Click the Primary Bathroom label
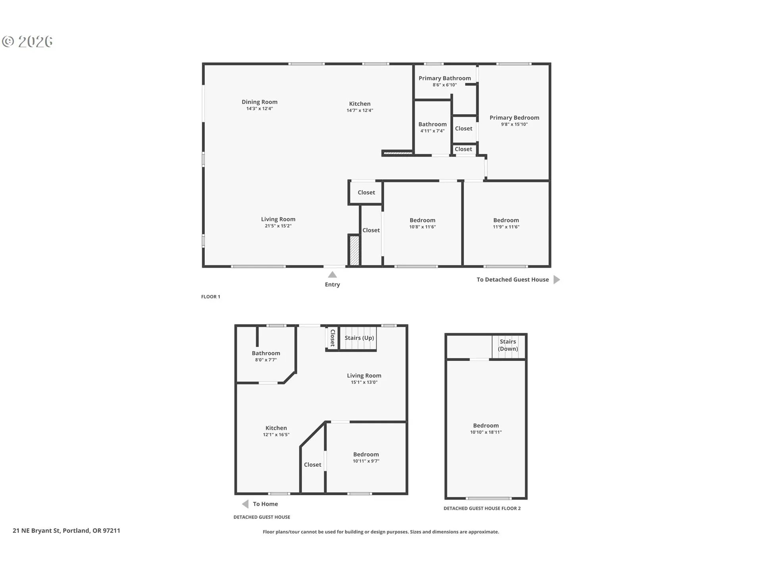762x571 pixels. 444,78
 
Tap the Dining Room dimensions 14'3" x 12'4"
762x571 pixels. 260,109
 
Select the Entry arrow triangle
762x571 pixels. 333,275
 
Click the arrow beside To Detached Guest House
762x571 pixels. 557,280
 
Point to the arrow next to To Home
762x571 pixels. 245,504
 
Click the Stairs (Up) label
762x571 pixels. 359,338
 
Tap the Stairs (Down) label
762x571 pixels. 508,345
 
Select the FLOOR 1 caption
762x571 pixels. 210,297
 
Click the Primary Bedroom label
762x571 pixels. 514,117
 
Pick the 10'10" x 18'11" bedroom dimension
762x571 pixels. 486,432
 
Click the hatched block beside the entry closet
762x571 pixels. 354,251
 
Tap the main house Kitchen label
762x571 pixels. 360,103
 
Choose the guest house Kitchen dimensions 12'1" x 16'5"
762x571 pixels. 276,435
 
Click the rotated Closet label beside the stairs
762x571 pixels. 333,338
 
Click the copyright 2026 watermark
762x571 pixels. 27,42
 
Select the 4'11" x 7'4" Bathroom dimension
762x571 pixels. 433,131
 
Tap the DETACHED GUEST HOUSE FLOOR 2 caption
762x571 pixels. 482,508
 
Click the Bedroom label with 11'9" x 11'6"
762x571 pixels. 506,220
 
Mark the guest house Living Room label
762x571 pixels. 364,376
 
